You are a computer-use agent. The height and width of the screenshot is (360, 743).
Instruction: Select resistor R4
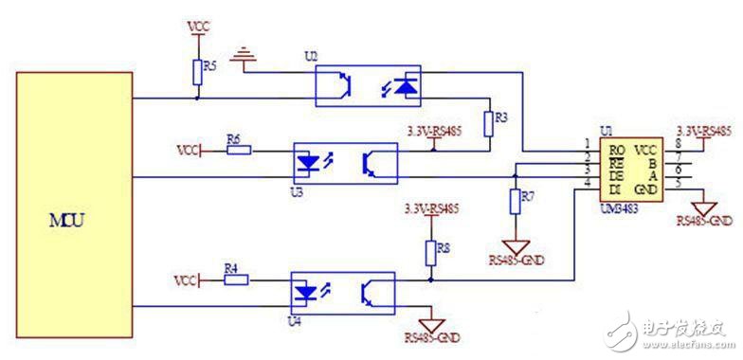point(236,279)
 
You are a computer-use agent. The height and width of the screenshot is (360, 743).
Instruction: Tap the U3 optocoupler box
point(345,163)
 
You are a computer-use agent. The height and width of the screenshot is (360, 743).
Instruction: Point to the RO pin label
point(617,150)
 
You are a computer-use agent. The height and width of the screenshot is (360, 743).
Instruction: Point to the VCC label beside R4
point(187,280)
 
